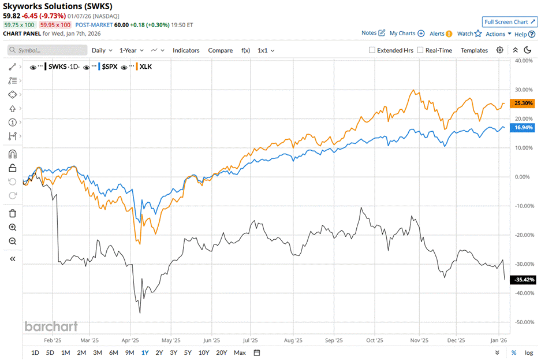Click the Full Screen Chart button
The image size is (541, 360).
pyautogui.click(x=510, y=21)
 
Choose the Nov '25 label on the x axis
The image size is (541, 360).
pyautogui.click(x=421, y=340)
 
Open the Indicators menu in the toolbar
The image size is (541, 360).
pyautogui.click(x=186, y=50)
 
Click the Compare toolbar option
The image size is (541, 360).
pyautogui.click(x=220, y=50)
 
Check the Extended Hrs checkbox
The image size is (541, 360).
pyautogui.click(x=372, y=50)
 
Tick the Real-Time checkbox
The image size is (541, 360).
pyautogui.click(x=420, y=50)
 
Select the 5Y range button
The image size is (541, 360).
pyautogui.click(x=188, y=352)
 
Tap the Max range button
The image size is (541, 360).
pyautogui.click(x=240, y=352)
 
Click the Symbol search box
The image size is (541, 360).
pyautogui.click(x=47, y=50)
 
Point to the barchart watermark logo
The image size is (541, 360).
pyautogui.click(x=51, y=326)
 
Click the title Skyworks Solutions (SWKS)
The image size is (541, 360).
pyautogui.click(x=58, y=6)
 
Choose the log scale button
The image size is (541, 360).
pyautogui.click(x=528, y=352)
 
